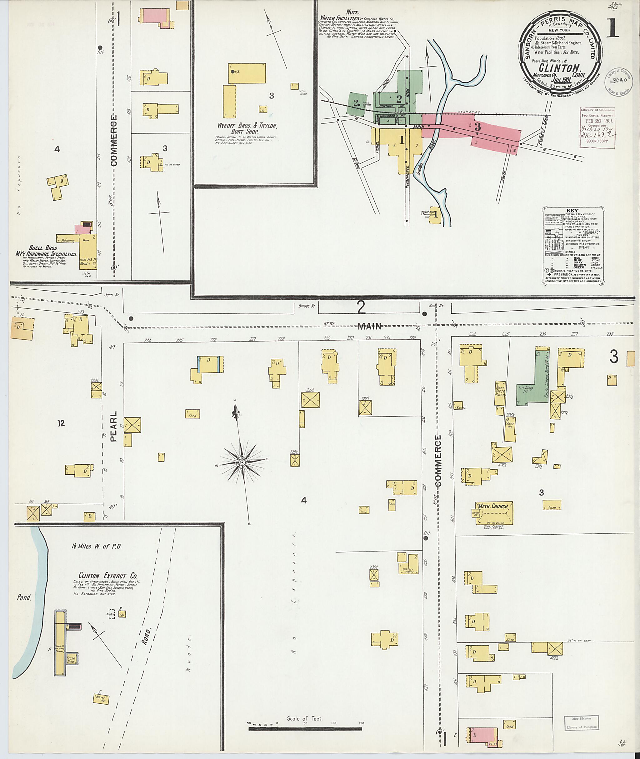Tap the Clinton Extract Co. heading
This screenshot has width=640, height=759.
click(108, 576)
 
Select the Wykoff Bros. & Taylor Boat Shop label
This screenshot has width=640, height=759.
click(247, 128)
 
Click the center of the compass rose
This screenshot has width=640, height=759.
click(242, 462)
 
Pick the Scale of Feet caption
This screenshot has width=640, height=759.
click(304, 718)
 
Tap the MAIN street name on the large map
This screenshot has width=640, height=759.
click(370, 326)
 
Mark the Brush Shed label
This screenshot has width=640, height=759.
click(70, 660)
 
